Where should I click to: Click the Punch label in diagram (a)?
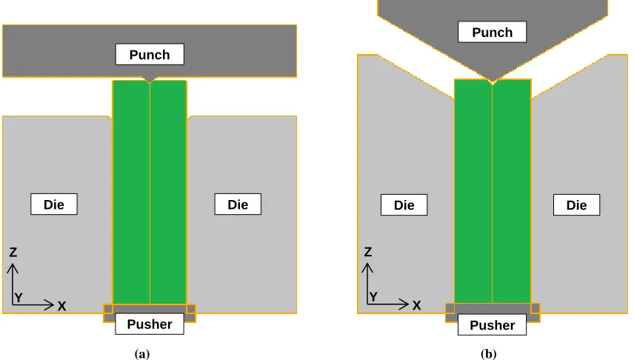(x=150, y=54)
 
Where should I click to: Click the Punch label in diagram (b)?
(x=492, y=32)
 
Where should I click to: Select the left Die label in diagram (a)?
(x=54, y=204)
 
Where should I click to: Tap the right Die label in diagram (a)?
(x=238, y=204)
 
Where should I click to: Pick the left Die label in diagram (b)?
(x=404, y=204)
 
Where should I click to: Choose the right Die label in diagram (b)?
(x=576, y=204)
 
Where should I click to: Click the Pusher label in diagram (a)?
(x=150, y=324)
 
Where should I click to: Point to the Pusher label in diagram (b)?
(x=492, y=324)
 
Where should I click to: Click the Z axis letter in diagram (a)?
(x=13, y=253)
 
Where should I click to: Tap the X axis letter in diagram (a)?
(x=61, y=306)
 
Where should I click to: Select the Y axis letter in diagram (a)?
(x=19, y=298)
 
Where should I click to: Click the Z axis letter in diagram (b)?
(x=367, y=252)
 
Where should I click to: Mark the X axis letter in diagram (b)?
(x=416, y=305)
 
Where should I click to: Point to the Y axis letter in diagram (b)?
(x=373, y=297)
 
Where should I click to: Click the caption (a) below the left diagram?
(x=142, y=354)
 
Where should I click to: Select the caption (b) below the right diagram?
(x=488, y=354)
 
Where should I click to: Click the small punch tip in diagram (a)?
(x=150, y=79)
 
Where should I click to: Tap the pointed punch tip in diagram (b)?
(x=492, y=81)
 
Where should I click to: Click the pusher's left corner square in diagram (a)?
(x=108, y=310)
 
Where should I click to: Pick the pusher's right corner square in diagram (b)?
(x=535, y=309)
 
